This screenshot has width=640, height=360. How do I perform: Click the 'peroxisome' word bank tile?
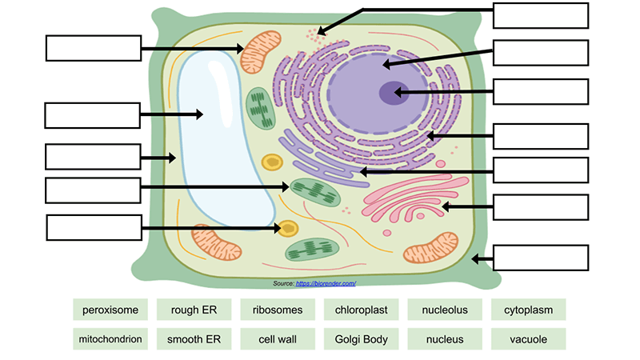[x=110, y=310]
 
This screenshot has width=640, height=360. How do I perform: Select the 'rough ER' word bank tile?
[x=195, y=310]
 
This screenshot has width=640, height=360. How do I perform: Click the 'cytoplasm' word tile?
[x=529, y=310]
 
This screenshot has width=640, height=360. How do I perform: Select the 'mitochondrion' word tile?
[x=110, y=339]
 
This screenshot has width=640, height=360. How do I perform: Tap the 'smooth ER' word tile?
[x=195, y=339]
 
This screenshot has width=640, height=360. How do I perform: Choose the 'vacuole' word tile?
[x=529, y=339]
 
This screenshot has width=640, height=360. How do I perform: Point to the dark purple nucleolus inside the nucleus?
[x=392, y=93]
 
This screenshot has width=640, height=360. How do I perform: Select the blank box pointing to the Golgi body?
[x=541, y=207]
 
